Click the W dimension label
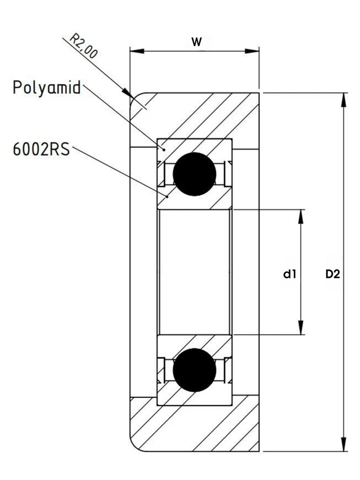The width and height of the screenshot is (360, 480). click(196, 42)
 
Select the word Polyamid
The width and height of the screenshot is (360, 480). click(47, 88)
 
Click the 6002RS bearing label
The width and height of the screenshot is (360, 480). click(41, 150)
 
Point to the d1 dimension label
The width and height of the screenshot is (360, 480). click(290, 274)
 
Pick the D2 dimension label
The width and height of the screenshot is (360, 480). click(332, 274)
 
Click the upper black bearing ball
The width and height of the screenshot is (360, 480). click(195, 174)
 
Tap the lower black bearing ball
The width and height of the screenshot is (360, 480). click(195, 370)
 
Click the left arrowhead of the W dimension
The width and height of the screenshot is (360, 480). click(137, 51)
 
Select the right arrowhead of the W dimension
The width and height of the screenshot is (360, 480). click(252, 51)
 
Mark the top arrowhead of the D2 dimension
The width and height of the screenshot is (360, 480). click(344, 100)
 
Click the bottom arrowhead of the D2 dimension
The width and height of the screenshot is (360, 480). click(344, 444)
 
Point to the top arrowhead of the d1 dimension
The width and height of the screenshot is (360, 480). click(301, 217)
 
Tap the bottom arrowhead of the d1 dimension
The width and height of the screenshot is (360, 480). click(301, 328)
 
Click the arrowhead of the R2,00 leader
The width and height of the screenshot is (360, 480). click(127, 92)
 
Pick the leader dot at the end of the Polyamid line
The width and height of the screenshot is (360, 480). click(164, 149)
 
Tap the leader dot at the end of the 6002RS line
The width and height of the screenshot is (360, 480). click(167, 196)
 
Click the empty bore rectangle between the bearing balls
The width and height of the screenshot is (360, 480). click(195, 272)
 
